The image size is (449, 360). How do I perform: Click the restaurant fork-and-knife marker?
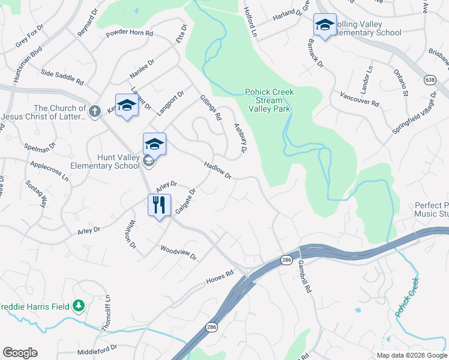click(159, 205)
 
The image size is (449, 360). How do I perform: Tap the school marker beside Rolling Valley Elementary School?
click(325, 25)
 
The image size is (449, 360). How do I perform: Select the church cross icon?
click(94, 111)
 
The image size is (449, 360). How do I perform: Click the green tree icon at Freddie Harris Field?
click(79, 306)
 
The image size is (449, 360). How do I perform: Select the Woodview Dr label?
click(178, 252)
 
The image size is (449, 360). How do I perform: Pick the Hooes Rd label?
click(219, 277)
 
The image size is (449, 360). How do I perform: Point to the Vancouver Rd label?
click(359, 99)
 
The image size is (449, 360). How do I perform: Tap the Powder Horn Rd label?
click(129, 34)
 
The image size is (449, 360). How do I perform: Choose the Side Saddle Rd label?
click(62, 76)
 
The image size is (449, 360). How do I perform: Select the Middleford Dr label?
click(97, 348)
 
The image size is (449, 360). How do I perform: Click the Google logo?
click(20, 353)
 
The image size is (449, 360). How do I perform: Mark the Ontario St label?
click(401, 82)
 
